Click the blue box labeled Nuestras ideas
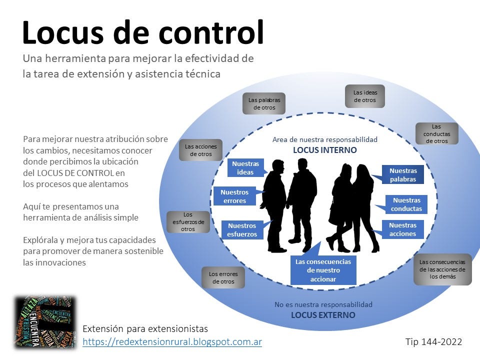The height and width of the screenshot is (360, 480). point(246,168)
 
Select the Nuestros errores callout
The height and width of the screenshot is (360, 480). point(234,196)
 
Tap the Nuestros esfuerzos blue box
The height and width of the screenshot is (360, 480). point(242,230)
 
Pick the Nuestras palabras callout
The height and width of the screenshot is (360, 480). point(403,175)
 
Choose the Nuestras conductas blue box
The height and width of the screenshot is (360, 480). point(406,204)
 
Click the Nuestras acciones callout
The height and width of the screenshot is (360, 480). point(402,229)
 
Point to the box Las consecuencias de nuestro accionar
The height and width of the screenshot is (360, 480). point(323,270)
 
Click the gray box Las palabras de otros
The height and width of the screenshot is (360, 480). point(264,103)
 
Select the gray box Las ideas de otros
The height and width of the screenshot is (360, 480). point(365,96)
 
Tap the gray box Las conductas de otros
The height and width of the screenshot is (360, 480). point(436,134)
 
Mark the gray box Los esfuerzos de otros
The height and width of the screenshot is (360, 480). point(187,222)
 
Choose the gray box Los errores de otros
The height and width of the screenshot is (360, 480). point(223,277)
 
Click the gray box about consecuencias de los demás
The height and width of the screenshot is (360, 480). point(442,269)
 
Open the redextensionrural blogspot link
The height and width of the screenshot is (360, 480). point(172,341)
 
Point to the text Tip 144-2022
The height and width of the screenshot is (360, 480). point(433,341)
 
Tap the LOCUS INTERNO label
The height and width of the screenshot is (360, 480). point(324,150)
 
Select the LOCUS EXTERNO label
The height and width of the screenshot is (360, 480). point(323,315)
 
